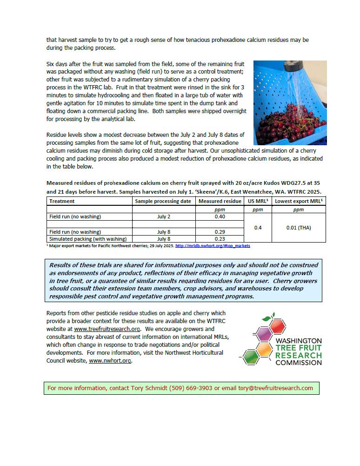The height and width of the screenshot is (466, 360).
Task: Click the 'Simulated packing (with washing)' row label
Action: [88, 239]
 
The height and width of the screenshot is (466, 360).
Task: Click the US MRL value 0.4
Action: [258, 228]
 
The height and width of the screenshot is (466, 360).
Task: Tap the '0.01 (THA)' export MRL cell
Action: [299, 228]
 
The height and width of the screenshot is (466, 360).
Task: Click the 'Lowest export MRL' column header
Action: [299, 201]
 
